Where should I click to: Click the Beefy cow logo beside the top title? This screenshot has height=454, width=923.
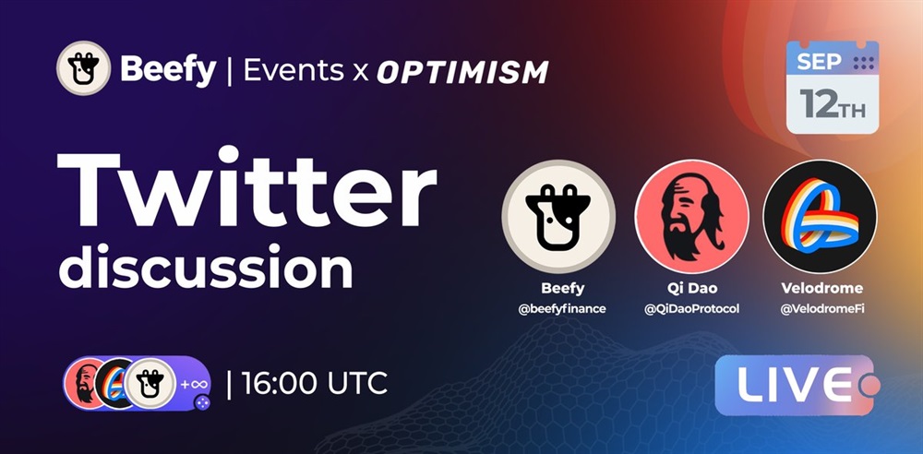pyautogui.click(x=84, y=68)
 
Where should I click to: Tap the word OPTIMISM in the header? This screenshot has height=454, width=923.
pyautogui.click(x=462, y=71)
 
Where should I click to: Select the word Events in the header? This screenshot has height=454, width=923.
pyautogui.click(x=294, y=70)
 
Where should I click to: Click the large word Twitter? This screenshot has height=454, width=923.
pyautogui.click(x=246, y=187)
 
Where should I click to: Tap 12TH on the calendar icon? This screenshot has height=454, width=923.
pyautogui.click(x=833, y=105)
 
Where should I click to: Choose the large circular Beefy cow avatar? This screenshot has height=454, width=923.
pyautogui.click(x=558, y=217)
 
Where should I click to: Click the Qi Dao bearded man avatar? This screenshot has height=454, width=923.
pyautogui.click(x=691, y=217)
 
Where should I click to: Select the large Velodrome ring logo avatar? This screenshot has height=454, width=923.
pyautogui.click(x=820, y=217)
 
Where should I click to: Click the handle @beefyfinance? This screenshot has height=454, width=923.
pyautogui.click(x=562, y=308)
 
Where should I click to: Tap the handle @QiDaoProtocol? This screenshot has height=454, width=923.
pyautogui.click(x=691, y=308)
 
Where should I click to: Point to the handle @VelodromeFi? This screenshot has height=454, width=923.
pyautogui.click(x=822, y=308)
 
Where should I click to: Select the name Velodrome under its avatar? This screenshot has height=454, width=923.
pyautogui.click(x=822, y=289)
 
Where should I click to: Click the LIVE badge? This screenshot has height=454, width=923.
pyautogui.click(x=795, y=385)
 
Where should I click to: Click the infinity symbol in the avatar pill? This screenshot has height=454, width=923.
pyautogui.click(x=194, y=385)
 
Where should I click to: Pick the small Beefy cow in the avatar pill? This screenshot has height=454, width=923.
pyautogui.click(x=150, y=383)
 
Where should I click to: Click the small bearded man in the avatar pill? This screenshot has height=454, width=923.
pyautogui.click(x=82, y=383)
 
